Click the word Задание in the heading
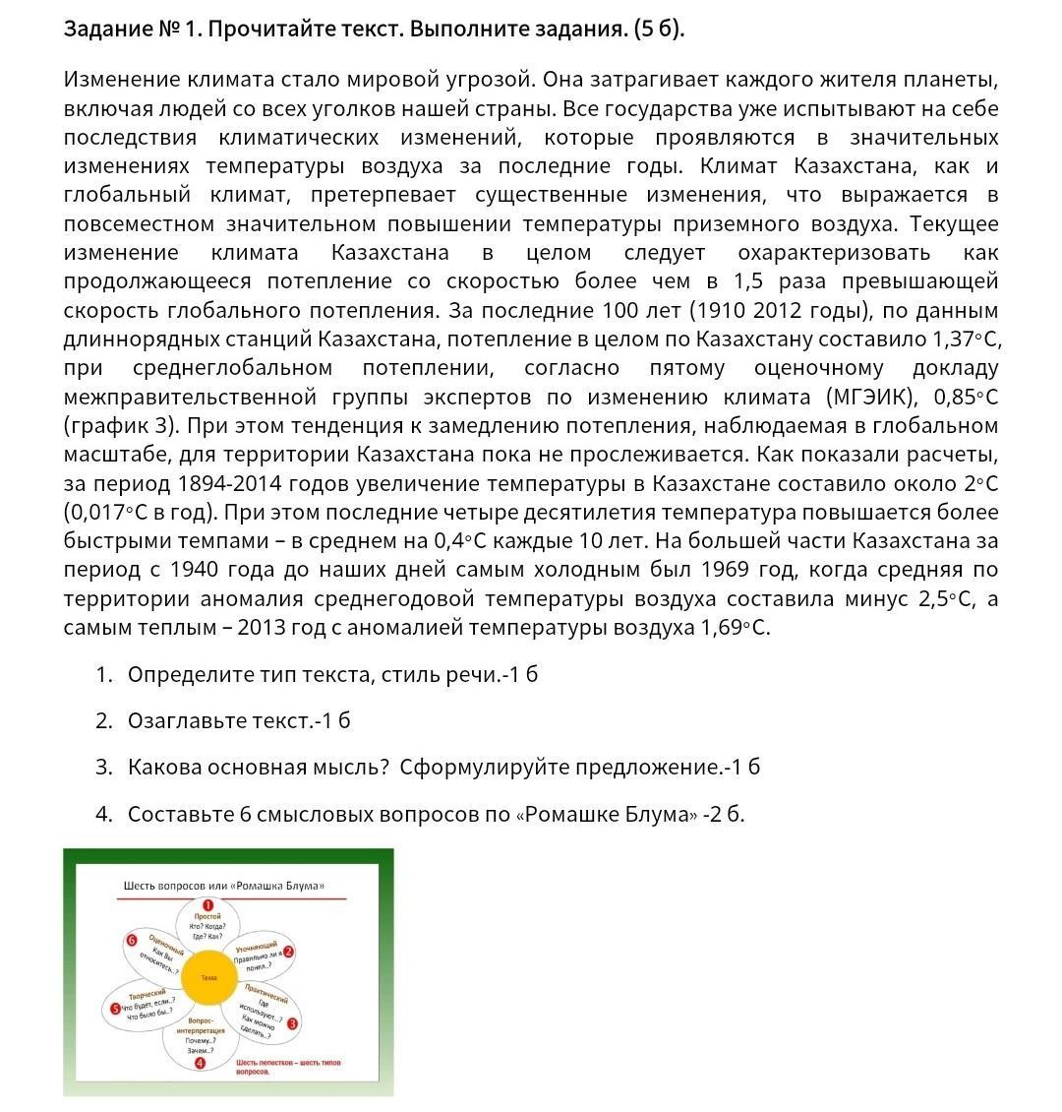105,29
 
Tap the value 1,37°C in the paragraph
967,340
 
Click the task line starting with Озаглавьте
239,720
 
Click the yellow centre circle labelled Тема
208,977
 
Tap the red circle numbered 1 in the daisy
207,905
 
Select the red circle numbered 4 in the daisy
201,1063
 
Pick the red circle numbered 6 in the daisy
130,940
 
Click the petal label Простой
207,917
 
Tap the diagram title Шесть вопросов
223,886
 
